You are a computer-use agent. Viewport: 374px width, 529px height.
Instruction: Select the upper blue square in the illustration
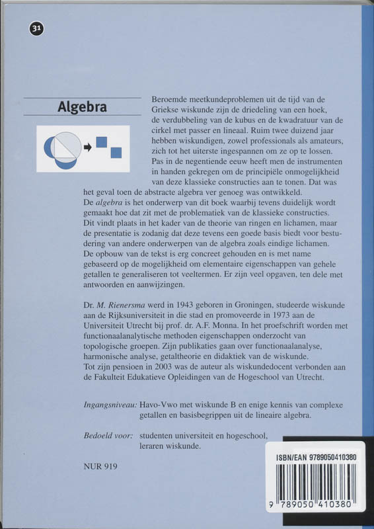tap(102, 141)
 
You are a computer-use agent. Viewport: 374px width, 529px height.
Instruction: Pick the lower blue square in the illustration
tap(116, 153)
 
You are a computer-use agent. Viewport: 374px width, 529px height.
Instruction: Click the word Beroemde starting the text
tap(172, 97)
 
